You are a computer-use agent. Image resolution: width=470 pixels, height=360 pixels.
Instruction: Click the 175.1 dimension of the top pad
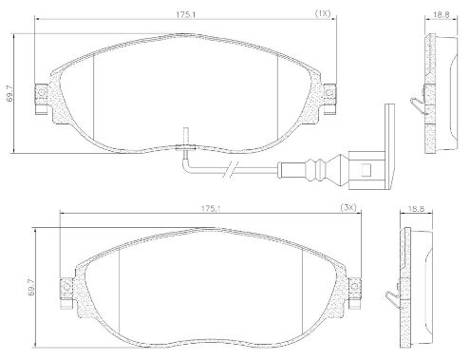(185, 14)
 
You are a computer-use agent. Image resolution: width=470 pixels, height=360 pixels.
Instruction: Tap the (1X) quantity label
(323, 13)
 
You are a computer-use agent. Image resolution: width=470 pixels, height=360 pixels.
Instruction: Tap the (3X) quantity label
(348, 208)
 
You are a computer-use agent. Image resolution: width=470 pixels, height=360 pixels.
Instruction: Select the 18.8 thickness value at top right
(442, 15)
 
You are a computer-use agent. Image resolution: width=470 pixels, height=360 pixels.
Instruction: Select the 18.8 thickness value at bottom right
(416, 209)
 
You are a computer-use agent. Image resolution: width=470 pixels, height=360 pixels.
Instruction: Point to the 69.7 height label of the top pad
(10, 94)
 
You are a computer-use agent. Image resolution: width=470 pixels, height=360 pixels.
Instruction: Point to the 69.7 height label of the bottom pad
(31, 288)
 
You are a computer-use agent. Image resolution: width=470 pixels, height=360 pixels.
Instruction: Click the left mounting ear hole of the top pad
(41, 92)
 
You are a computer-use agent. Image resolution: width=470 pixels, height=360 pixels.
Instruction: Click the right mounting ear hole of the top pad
(329, 93)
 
